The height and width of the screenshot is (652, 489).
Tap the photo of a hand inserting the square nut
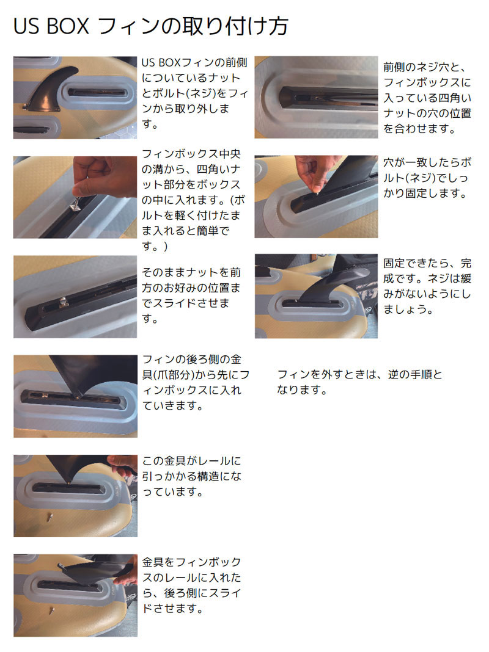75,197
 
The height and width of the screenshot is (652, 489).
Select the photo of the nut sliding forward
75,297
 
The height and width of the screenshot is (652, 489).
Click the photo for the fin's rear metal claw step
75,396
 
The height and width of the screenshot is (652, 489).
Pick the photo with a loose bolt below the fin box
75,495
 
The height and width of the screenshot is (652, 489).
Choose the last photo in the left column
75,595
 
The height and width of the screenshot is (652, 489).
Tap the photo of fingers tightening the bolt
316,197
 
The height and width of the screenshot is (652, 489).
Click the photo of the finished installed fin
316,296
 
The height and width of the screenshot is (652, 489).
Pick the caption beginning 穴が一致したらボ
428,178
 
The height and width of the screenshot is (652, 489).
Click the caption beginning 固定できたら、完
428,286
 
